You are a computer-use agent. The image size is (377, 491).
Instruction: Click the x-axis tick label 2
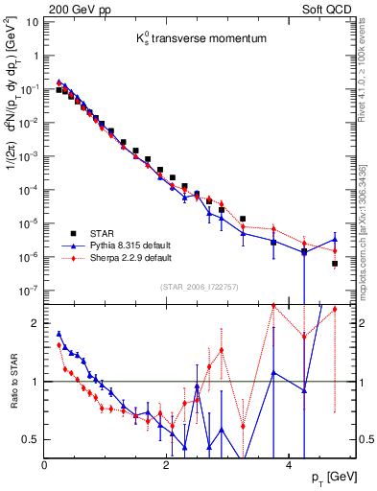click(167, 465)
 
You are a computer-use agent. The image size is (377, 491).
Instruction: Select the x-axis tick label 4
click(289, 465)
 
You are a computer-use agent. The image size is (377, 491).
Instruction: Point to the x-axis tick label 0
click(45, 465)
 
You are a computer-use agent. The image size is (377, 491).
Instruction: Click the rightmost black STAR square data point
click(335, 264)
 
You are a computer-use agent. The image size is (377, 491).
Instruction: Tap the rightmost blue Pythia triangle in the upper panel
click(335, 240)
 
